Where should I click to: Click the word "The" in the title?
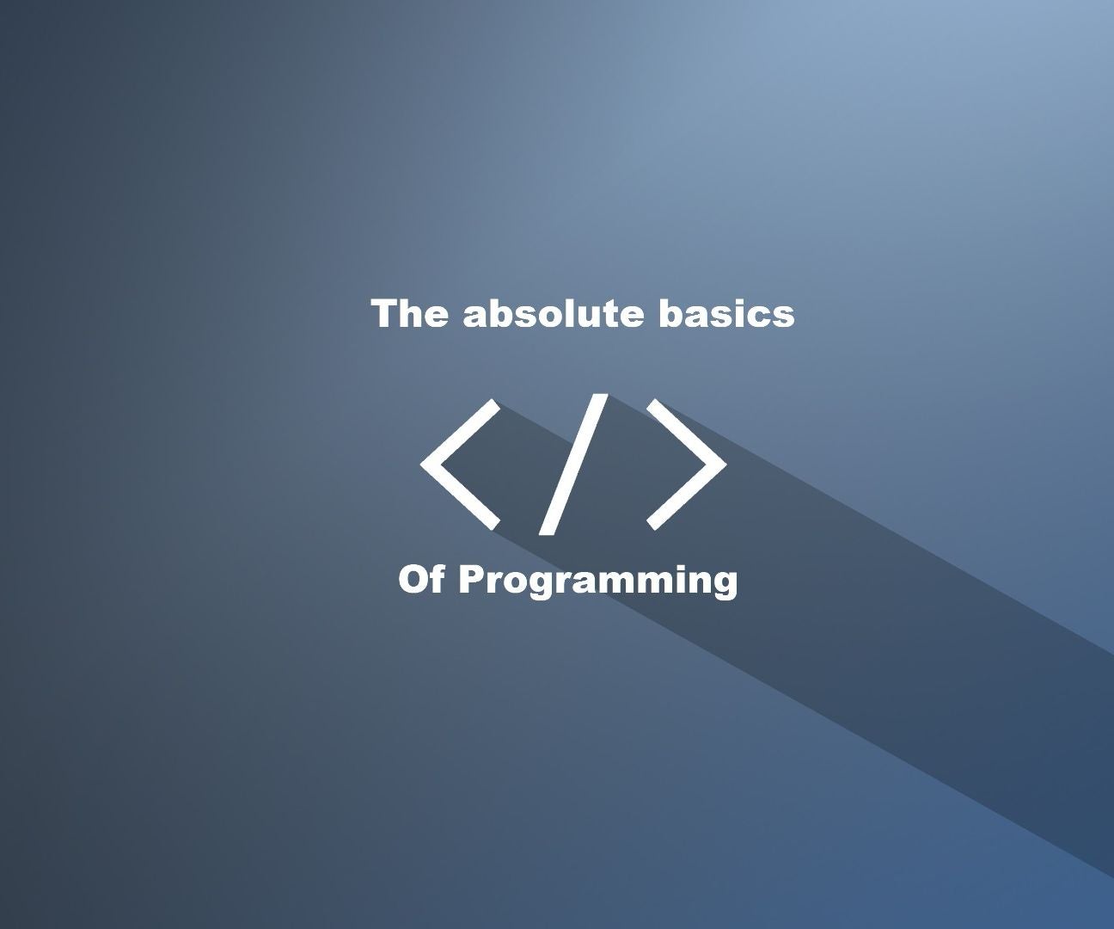click(410, 313)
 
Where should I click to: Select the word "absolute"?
click(554, 313)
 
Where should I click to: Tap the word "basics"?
click(726, 313)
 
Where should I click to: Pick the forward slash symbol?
click(573, 464)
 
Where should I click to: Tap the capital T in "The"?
click(384, 313)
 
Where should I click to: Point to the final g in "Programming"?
click(724, 588)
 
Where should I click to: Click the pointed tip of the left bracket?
click(421, 464)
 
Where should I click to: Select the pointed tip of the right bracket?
click(726, 464)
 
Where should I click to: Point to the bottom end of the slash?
click(546, 533)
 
